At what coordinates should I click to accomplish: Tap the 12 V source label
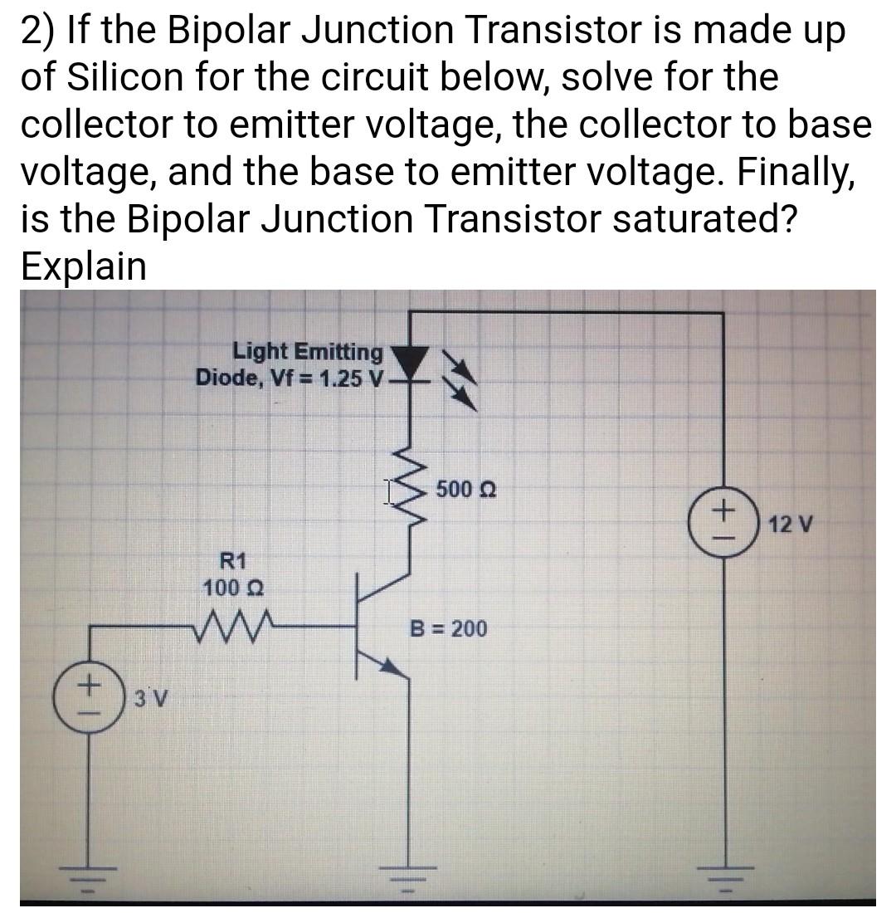(791, 525)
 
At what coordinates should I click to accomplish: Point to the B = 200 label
(449, 628)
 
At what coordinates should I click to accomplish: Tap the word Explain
(83, 266)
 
